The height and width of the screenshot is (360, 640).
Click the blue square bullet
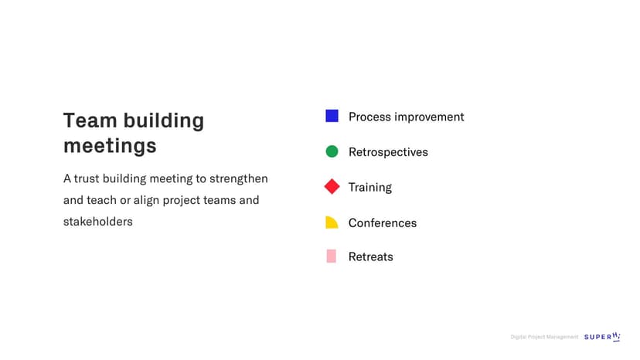[x=332, y=116]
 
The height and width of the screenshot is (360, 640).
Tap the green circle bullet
[x=332, y=151]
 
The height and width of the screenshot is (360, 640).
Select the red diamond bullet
[x=332, y=186]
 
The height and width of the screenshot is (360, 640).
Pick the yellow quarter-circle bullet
[x=332, y=222]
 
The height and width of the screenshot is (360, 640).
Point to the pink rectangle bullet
[x=332, y=256]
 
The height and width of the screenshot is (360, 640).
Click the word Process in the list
[x=369, y=117]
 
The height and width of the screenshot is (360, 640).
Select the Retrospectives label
[x=388, y=152]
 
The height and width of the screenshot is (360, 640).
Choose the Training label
[x=369, y=188]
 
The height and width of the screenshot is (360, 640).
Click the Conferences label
[x=383, y=222]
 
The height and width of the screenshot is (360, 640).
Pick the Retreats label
[x=370, y=256]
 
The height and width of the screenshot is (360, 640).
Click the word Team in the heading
[x=90, y=121]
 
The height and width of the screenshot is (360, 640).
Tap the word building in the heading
[x=164, y=121]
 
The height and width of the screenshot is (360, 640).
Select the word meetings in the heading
[x=110, y=146]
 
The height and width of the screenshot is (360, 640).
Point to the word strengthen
[x=239, y=178]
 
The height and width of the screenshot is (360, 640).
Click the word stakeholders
[x=98, y=222]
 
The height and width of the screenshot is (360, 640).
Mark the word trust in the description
[x=87, y=178]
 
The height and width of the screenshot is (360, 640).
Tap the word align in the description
[x=146, y=200]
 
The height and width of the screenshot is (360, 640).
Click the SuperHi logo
[x=602, y=336]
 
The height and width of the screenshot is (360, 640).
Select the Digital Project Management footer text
[x=544, y=337]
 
